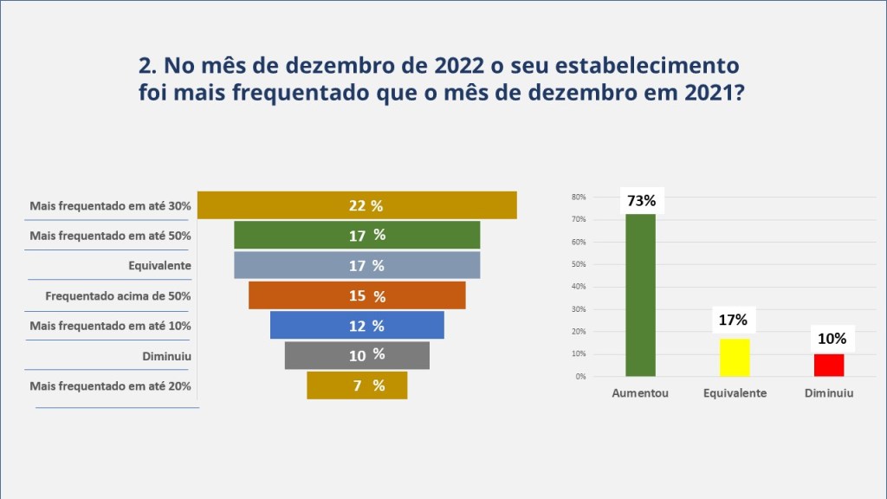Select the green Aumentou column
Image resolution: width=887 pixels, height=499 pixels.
pos(640,295)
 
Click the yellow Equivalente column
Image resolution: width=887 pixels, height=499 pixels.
pos(735,357)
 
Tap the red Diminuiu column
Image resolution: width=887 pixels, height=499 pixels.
pos(829,365)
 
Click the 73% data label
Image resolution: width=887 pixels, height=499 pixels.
pos(640,201)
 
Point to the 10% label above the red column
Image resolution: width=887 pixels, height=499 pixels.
pos(829,339)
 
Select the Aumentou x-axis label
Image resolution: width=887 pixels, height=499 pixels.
pos(640,392)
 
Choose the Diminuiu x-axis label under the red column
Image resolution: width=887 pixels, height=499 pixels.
pos(829,392)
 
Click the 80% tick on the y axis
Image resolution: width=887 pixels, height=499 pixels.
pos(579,198)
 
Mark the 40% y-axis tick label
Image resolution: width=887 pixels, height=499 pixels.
pos(579,287)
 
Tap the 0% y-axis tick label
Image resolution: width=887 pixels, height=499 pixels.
pos(580,377)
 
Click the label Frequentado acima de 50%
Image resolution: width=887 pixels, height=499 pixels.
pos(118,295)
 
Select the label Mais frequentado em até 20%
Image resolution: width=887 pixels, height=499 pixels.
pos(110,386)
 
